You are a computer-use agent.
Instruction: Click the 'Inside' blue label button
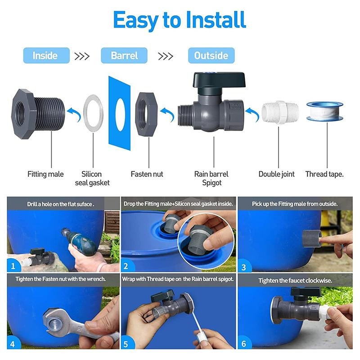click(x=46, y=55)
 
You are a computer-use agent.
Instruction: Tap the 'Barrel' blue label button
click(x=124, y=55)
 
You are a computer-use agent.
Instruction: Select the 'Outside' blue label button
click(x=211, y=55)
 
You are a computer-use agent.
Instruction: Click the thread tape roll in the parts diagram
click(x=324, y=111)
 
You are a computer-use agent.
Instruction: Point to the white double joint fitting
click(x=280, y=112)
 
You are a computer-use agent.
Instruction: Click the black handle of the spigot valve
click(x=219, y=80)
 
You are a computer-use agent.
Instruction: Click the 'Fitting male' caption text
click(x=45, y=174)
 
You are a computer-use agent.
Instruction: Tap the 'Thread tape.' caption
click(x=324, y=174)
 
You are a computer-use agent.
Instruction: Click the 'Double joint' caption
click(x=276, y=174)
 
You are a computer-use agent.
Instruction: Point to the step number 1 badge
click(x=13, y=266)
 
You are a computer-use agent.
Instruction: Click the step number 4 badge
click(x=13, y=344)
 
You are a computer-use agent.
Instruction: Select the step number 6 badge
click(x=244, y=344)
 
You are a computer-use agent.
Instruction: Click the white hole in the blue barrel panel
click(x=120, y=114)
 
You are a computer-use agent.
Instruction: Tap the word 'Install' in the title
click(x=216, y=20)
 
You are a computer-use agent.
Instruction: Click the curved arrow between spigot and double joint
click(x=252, y=114)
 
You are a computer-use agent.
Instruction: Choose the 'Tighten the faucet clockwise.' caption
click(x=295, y=280)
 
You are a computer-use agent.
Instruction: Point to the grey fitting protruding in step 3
click(x=311, y=238)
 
